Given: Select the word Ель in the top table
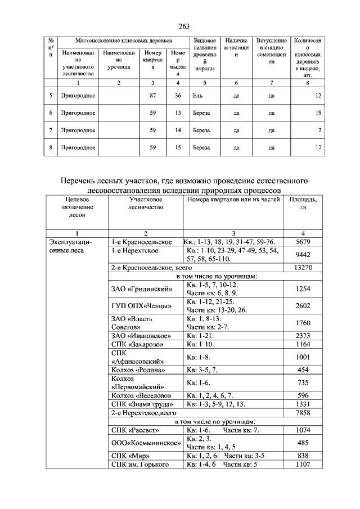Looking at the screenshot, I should click(197, 96).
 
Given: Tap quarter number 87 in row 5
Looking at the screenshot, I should click(152, 96).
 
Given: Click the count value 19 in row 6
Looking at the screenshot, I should click(318, 113).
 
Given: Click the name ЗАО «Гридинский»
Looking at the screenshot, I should click(141, 289).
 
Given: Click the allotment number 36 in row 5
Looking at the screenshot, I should click(178, 96).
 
